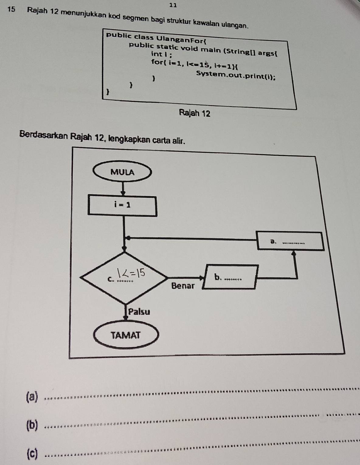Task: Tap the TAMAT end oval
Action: click(x=126, y=335)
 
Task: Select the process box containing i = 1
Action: click(x=123, y=206)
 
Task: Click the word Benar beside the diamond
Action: click(x=183, y=286)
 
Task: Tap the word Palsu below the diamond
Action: click(x=139, y=312)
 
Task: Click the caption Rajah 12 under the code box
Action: click(x=195, y=113)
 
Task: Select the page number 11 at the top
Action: click(x=173, y=5)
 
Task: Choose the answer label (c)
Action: click(x=32, y=453)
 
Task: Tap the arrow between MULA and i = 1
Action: click(x=123, y=188)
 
